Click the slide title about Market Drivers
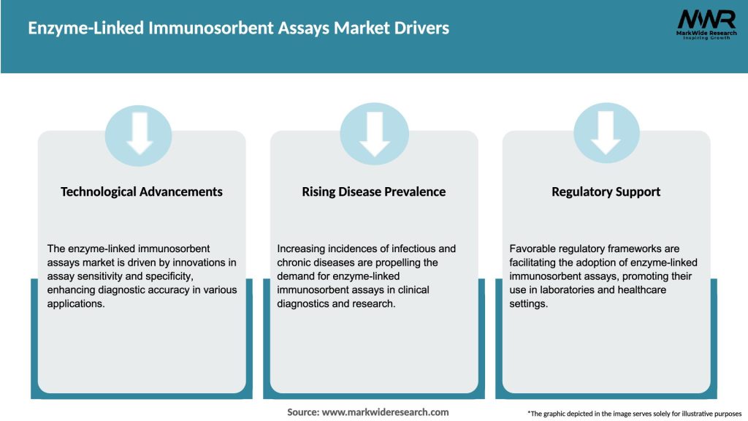(239, 29)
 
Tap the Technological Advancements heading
(142, 191)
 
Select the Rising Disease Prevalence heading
(374, 191)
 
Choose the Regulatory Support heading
(606, 191)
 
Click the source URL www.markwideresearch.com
(386, 412)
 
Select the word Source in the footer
(302, 412)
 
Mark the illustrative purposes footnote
(634, 414)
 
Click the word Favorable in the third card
(533, 249)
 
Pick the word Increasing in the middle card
(305, 249)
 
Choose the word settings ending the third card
(528, 304)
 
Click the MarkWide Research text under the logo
(706, 34)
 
